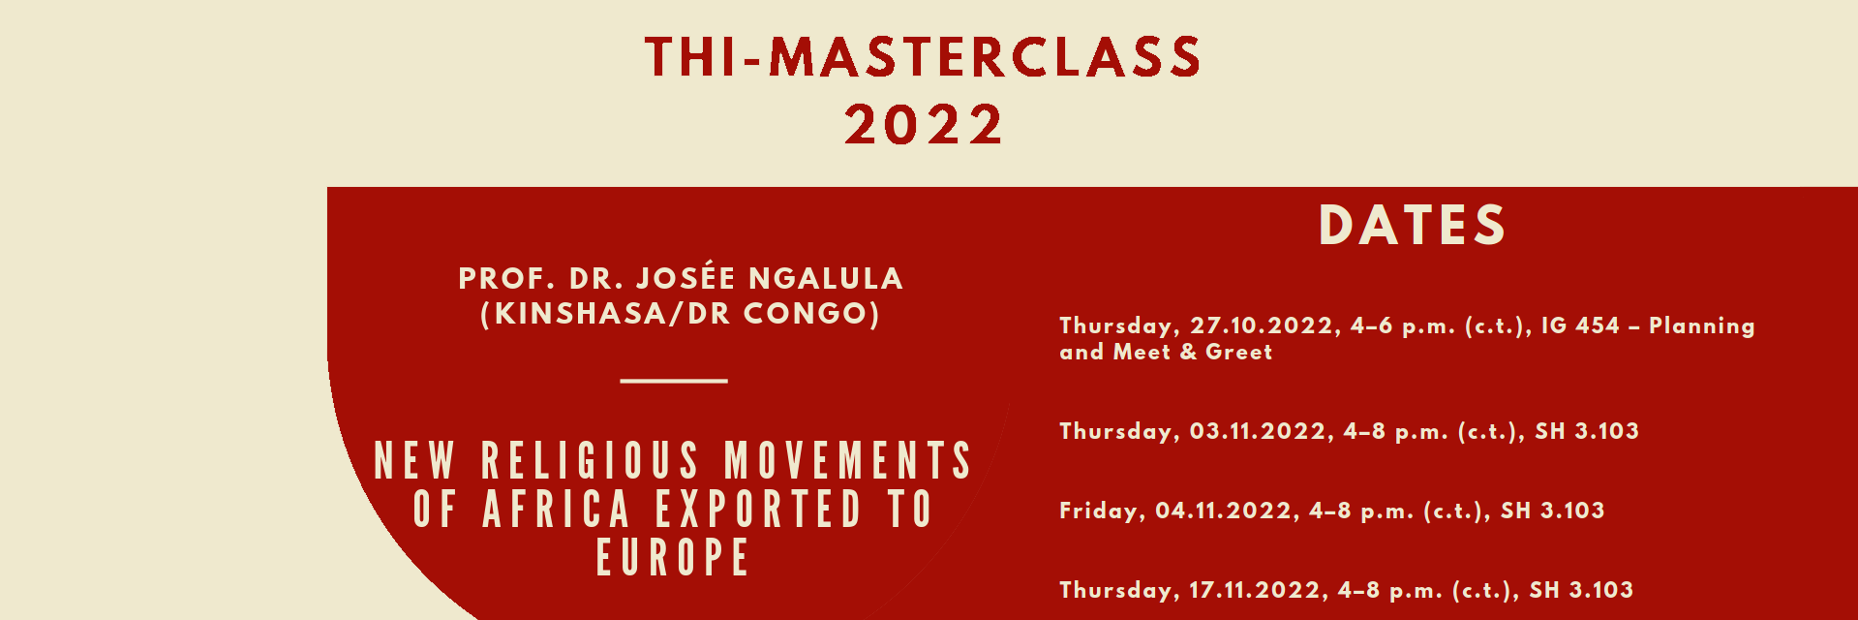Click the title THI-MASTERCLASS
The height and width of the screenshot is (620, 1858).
(923, 56)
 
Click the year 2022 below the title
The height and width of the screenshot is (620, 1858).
(924, 125)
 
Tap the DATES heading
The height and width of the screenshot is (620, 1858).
(1413, 225)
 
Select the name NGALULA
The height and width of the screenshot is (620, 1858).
(826, 279)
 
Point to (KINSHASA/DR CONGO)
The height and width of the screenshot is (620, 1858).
(681, 314)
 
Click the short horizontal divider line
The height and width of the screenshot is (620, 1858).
(674, 381)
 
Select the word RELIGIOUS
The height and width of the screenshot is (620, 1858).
(590, 460)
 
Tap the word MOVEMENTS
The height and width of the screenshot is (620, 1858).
(848, 460)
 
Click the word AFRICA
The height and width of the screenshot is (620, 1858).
(557, 510)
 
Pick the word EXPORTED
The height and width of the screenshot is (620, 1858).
(758, 510)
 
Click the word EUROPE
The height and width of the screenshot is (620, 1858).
(673, 558)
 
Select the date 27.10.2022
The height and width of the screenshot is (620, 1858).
(1261, 326)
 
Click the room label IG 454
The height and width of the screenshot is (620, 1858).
(1580, 325)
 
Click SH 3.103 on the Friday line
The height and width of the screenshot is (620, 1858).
(1552, 511)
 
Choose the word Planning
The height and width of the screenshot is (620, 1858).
(1702, 326)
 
